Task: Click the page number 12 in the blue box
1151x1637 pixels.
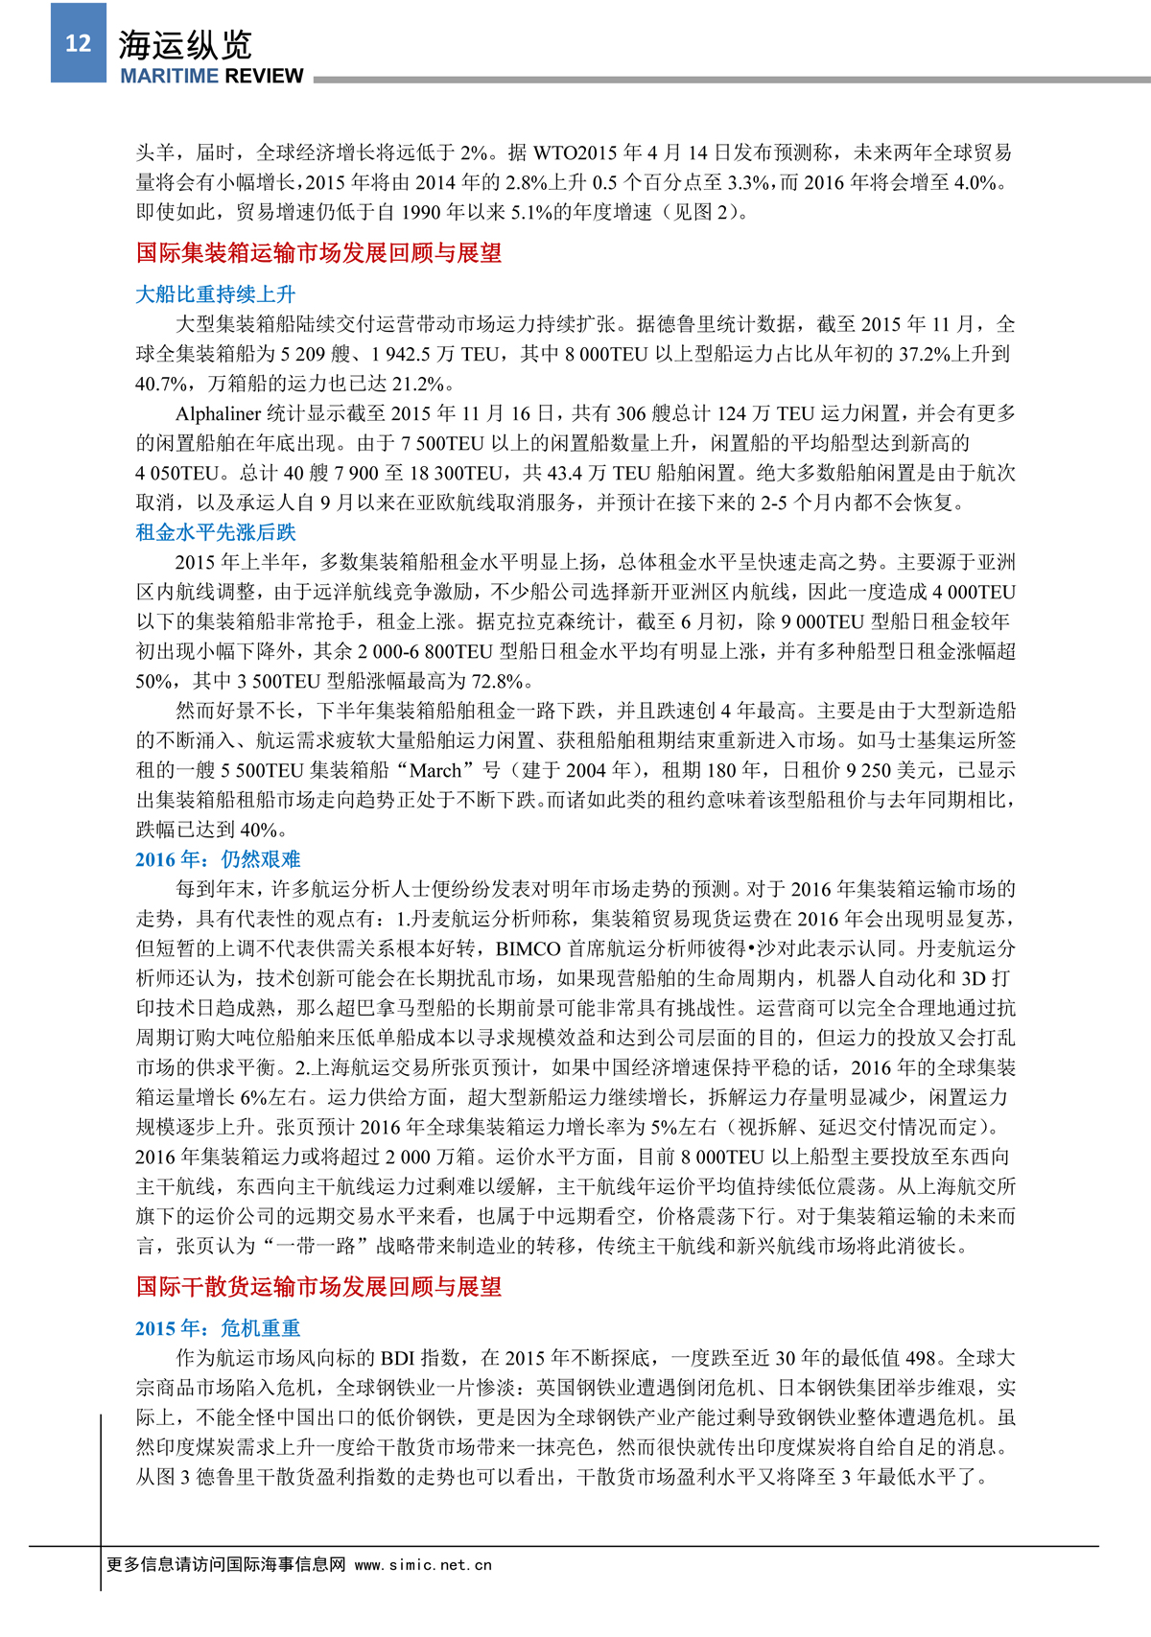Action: [x=78, y=43]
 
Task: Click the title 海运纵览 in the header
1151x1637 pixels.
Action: [x=185, y=44]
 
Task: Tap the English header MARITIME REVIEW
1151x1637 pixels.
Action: [x=211, y=76]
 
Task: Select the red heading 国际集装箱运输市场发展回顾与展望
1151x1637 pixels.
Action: [x=318, y=253]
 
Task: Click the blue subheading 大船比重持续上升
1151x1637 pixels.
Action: [x=216, y=294]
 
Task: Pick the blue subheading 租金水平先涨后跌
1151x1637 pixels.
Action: [x=216, y=532]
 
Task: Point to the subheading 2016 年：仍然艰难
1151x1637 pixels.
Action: [x=218, y=859]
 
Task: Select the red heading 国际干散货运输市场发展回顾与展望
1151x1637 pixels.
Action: [x=318, y=1287]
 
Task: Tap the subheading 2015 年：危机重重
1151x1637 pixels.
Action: [x=218, y=1328]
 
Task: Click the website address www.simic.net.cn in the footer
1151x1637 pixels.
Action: [x=423, y=1565]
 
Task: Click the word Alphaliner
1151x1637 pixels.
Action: [x=218, y=414]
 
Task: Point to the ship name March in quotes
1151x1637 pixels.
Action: [x=435, y=770]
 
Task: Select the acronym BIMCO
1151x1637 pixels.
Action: [x=528, y=948]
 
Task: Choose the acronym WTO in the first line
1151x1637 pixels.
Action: [x=554, y=152]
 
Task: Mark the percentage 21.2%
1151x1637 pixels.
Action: [x=420, y=385]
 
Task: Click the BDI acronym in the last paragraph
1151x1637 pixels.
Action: [x=398, y=1358]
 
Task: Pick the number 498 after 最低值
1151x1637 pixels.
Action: [x=921, y=1358]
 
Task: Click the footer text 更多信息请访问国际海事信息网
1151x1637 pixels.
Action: [x=225, y=1565]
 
